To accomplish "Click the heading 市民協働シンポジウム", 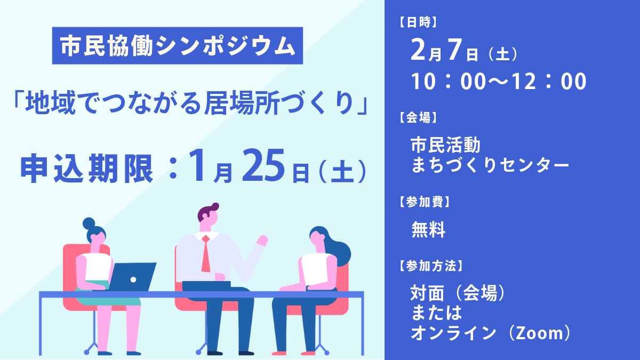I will [177, 46].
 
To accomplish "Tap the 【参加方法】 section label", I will [429, 265].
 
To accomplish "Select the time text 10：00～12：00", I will [499, 82].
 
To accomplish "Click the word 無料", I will [428, 230].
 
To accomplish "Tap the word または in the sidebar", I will [436, 313].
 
